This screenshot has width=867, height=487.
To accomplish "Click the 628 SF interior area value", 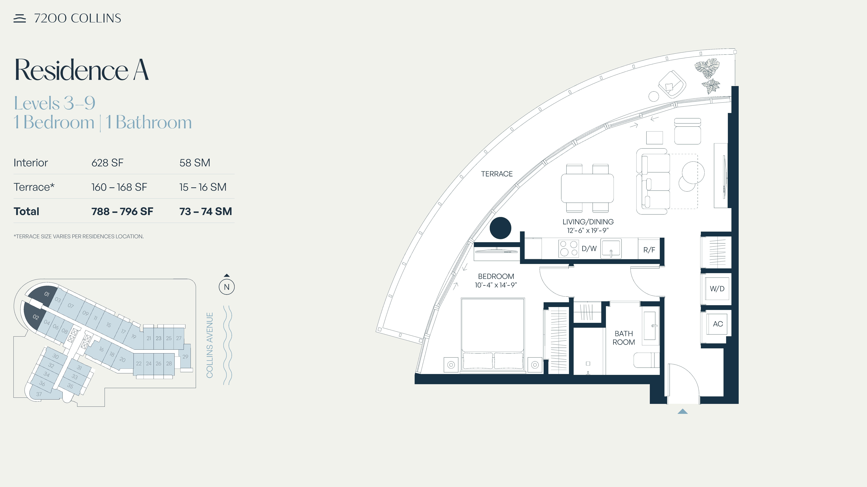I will click(107, 163).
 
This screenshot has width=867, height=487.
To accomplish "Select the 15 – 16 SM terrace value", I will click(203, 187).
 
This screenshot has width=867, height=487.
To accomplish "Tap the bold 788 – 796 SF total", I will click(122, 211).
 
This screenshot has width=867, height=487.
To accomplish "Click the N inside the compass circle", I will click(227, 287).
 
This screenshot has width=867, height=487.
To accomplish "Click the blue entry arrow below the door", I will click(683, 411).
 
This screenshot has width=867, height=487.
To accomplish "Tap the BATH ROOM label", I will click(624, 338).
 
